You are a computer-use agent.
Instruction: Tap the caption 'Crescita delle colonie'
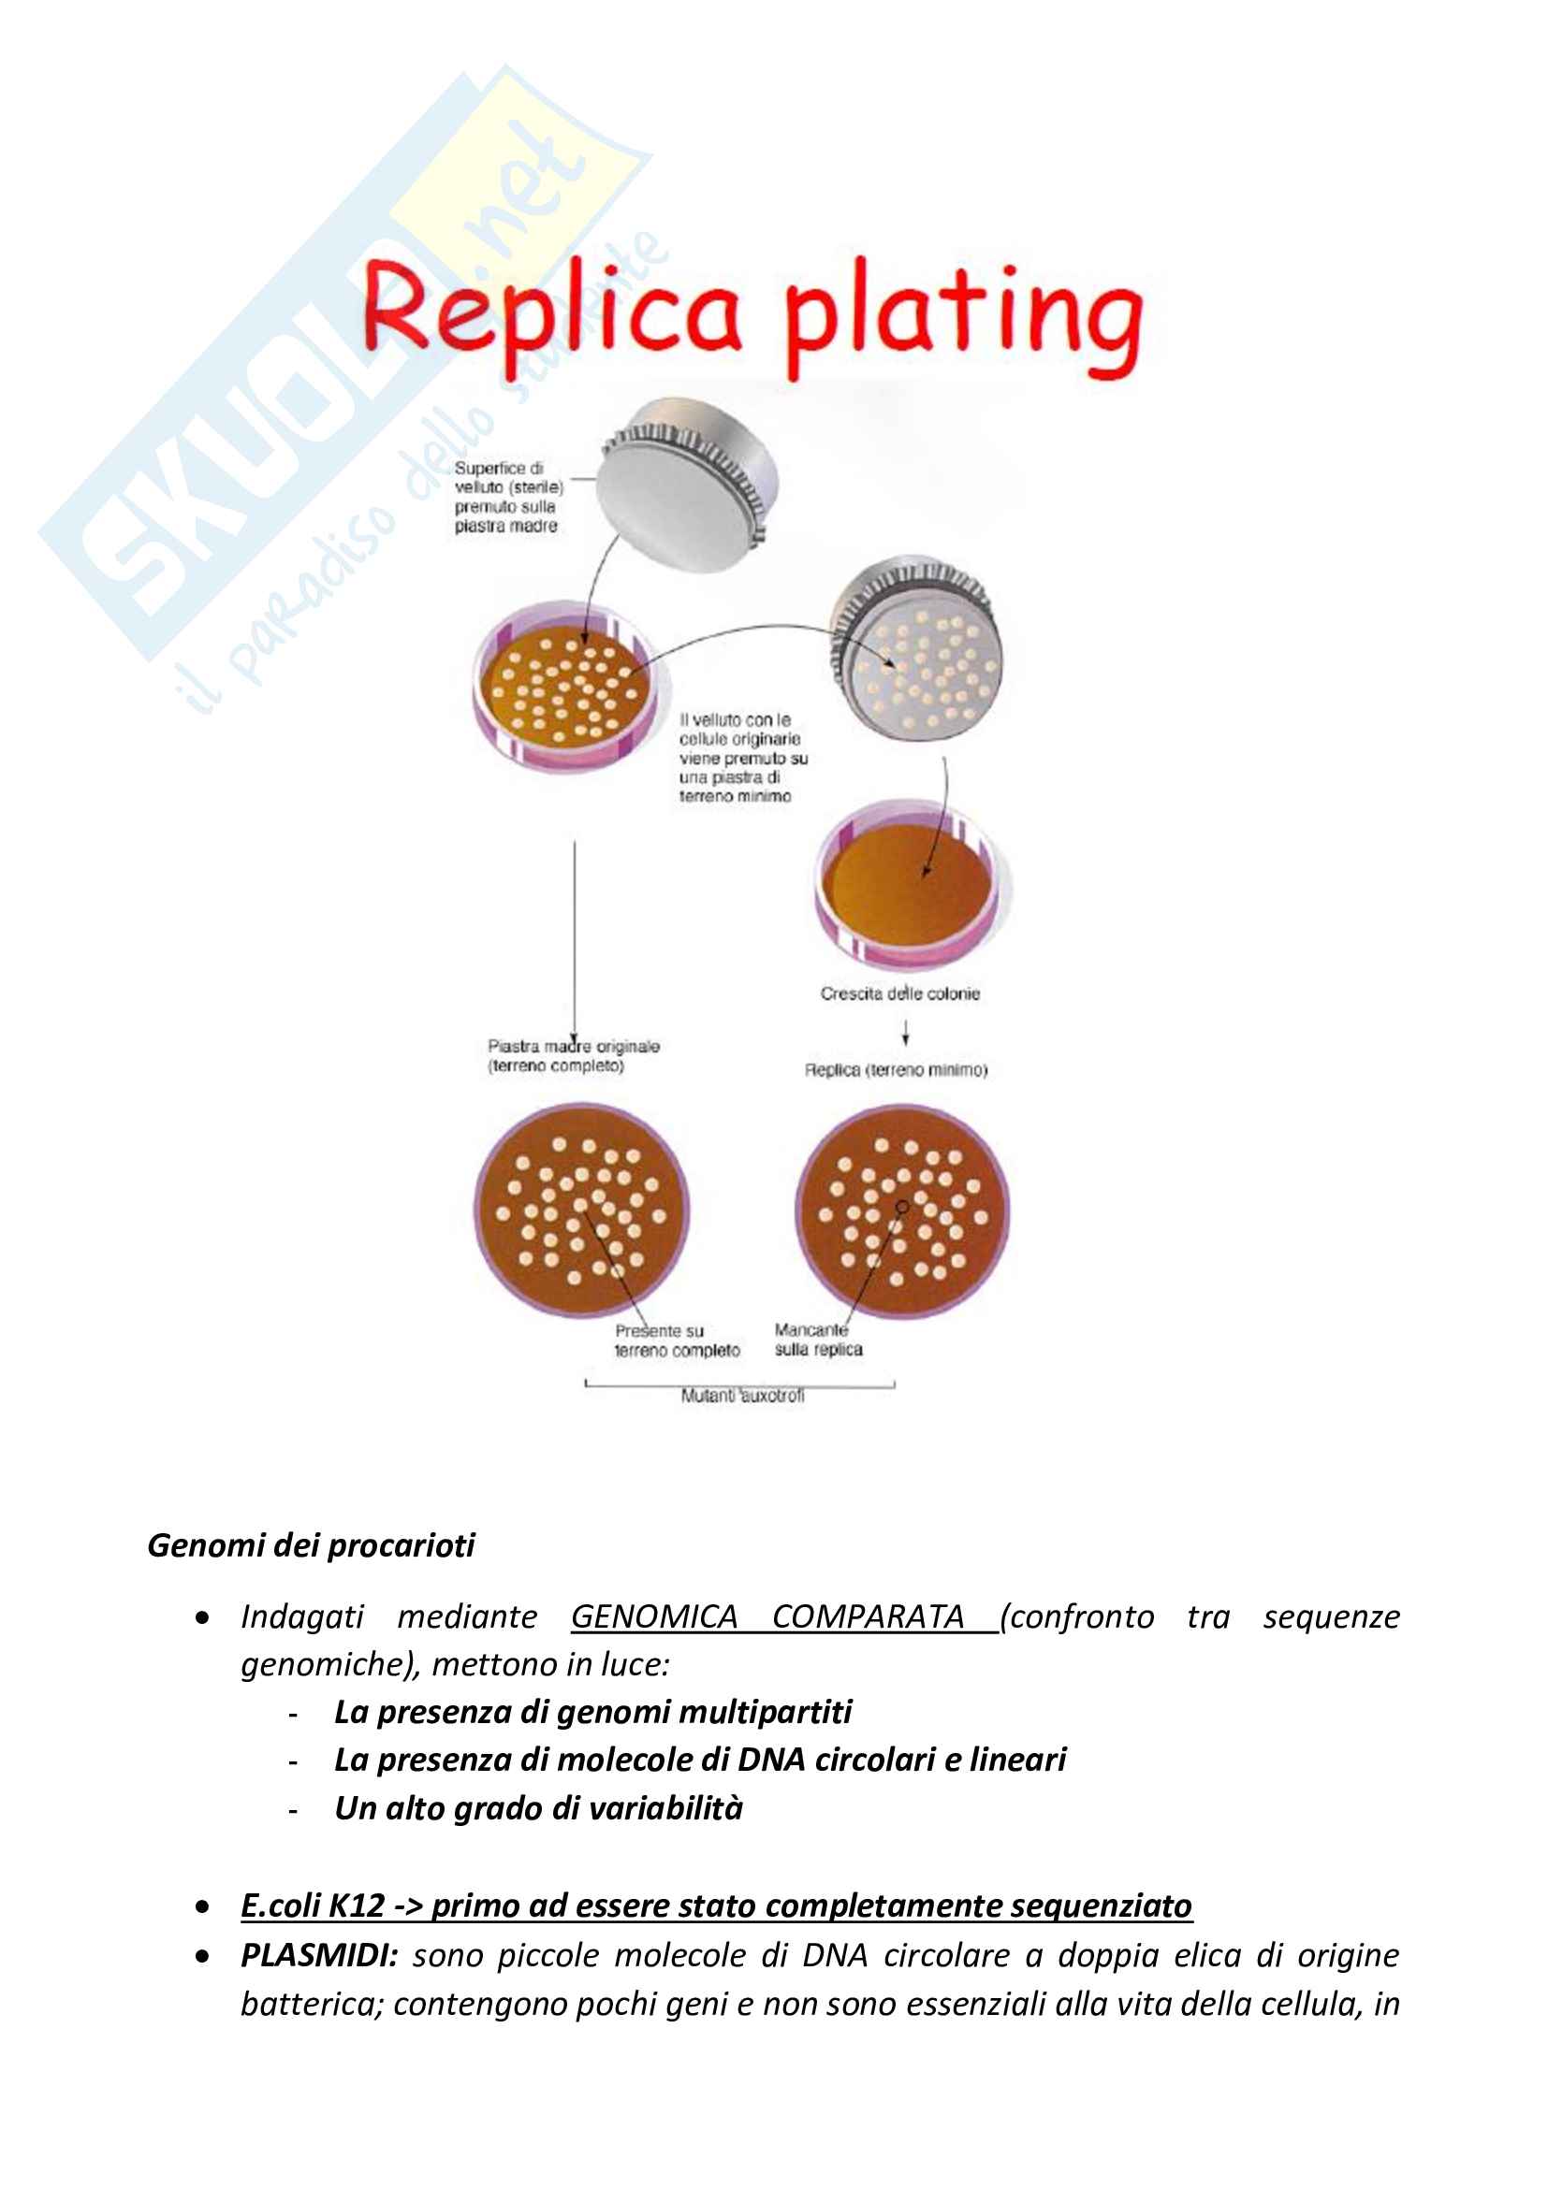click(899, 994)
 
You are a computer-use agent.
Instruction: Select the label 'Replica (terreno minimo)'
click(896, 1070)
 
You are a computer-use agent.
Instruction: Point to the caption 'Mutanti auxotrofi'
click(742, 1395)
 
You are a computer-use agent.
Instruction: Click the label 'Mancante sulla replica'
click(818, 1340)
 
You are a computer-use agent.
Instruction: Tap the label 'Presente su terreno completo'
click(677, 1340)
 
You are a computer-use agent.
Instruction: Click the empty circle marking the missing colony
click(902, 1208)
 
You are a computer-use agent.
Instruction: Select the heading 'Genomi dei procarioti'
click(311, 1544)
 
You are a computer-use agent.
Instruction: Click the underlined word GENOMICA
click(654, 1617)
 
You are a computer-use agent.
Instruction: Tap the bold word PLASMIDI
click(318, 1955)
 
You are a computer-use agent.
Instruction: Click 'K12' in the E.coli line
click(356, 1905)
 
